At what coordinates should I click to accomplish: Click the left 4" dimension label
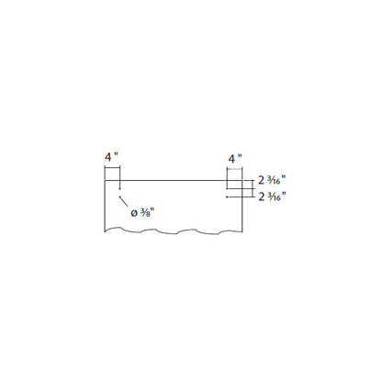pyautogui.click(x=111, y=157)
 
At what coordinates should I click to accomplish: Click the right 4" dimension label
pyautogui.click(x=235, y=159)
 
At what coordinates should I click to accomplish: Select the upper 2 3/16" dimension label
pyautogui.click(x=272, y=180)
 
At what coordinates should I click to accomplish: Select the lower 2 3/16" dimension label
pyautogui.click(x=272, y=196)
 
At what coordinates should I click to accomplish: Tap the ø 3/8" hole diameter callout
pyautogui.click(x=141, y=213)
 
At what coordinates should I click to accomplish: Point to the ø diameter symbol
pyautogui.click(x=134, y=213)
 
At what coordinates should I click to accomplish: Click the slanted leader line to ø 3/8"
pyautogui.click(x=123, y=202)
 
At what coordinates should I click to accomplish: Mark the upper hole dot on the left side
pyautogui.click(x=119, y=189)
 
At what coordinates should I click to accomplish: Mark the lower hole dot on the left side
pyautogui.click(x=119, y=197)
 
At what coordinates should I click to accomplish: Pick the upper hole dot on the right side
pyautogui.click(x=227, y=189)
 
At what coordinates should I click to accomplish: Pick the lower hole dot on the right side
pyautogui.click(x=227, y=197)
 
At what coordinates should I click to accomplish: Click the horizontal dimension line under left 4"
pyautogui.click(x=112, y=167)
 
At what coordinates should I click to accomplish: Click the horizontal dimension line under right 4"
pyautogui.click(x=234, y=168)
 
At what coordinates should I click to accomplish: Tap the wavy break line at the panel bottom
pyautogui.click(x=174, y=231)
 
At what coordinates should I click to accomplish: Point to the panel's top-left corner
pyautogui.click(x=105, y=181)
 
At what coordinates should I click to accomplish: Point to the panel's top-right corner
pyautogui.click(x=242, y=181)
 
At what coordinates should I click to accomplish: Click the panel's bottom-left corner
pyautogui.click(x=105, y=231)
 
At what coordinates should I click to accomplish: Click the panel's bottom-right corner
pyautogui.click(x=242, y=231)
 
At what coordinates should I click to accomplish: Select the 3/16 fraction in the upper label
pyautogui.click(x=274, y=180)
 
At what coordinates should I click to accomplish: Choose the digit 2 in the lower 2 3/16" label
pyautogui.click(x=261, y=197)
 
